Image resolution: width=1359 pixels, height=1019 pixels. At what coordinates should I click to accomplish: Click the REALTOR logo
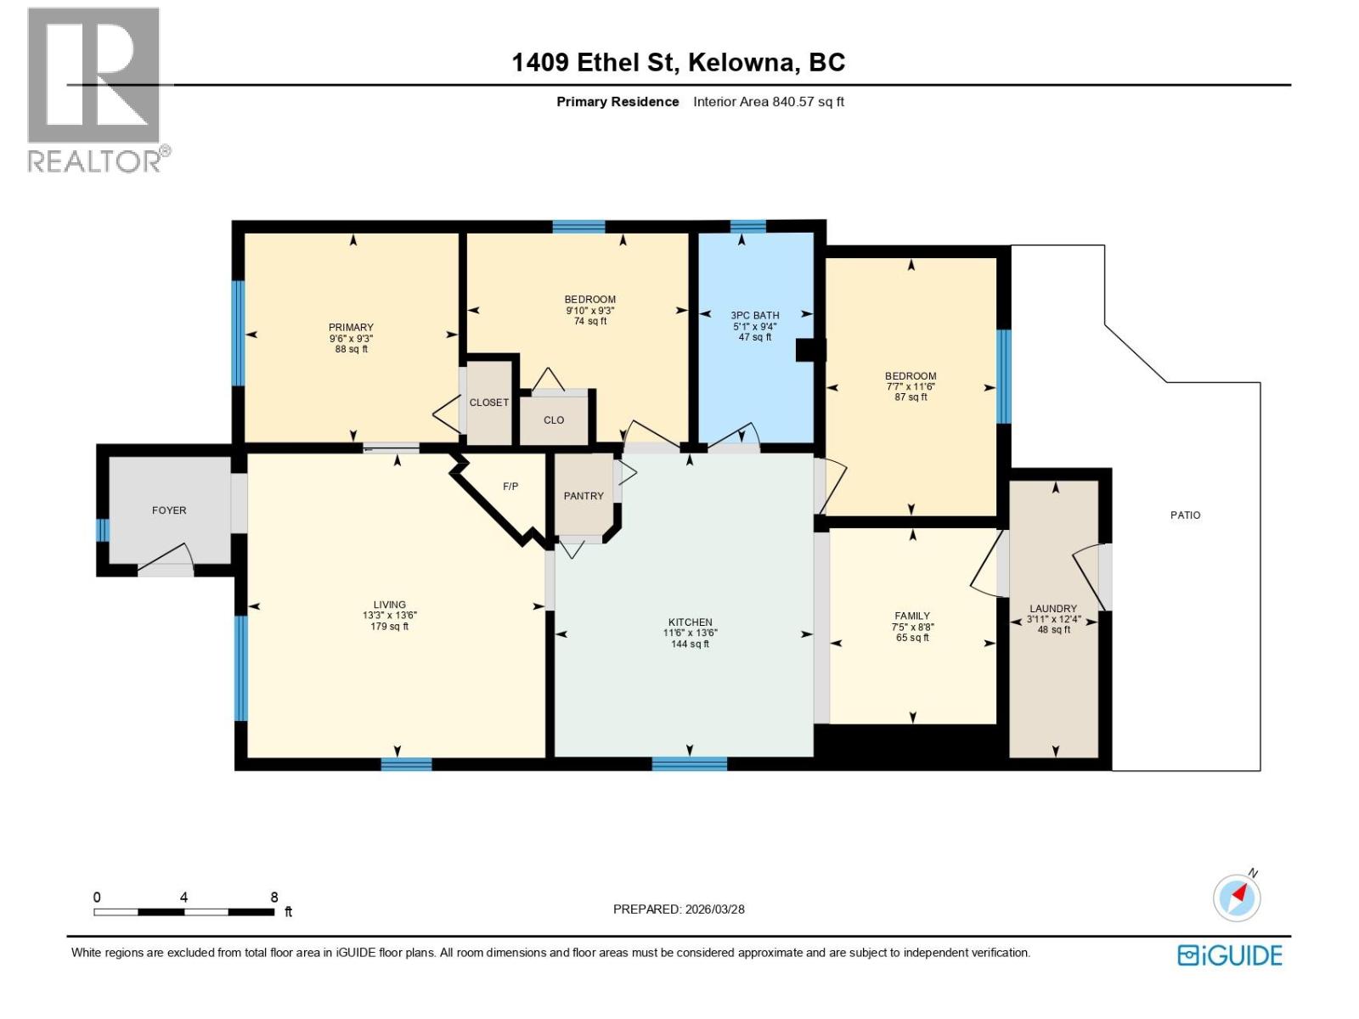point(94,90)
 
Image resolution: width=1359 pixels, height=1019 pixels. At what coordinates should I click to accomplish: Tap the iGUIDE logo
point(1229,955)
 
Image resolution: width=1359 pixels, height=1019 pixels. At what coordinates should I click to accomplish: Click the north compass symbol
point(1237,897)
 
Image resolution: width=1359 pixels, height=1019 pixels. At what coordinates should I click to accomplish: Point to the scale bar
point(183,912)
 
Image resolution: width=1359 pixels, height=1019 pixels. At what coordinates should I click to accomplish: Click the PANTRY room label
point(584,496)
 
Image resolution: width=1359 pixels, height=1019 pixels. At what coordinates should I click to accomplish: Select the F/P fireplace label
point(510,487)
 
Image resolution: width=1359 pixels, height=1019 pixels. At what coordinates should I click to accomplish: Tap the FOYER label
point(169,510)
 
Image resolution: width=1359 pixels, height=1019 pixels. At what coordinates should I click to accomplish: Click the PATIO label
point(1185,515)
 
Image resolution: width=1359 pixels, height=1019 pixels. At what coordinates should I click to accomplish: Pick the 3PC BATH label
point(754,315)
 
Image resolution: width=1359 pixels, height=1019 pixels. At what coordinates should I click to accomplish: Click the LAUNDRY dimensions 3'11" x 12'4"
point(1053,619)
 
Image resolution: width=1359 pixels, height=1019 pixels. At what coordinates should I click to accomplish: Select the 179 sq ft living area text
point(389,627)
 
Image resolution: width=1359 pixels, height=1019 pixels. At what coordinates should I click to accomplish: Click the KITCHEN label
point(690,622)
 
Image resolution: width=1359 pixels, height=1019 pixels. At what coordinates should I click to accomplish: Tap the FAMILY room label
point(911,616)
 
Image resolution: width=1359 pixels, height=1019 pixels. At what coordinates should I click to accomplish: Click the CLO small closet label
point(554,419)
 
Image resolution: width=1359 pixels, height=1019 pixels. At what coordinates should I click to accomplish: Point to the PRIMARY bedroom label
point(351,327)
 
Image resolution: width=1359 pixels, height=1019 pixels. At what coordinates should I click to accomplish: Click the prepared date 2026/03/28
point(714,909)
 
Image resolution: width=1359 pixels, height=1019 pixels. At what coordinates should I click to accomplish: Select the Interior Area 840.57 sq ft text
point(768,102)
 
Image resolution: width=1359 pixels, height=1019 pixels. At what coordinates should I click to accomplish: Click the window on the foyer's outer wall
point(103,530)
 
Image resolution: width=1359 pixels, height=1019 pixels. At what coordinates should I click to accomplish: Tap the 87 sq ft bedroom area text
point(911,397)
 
